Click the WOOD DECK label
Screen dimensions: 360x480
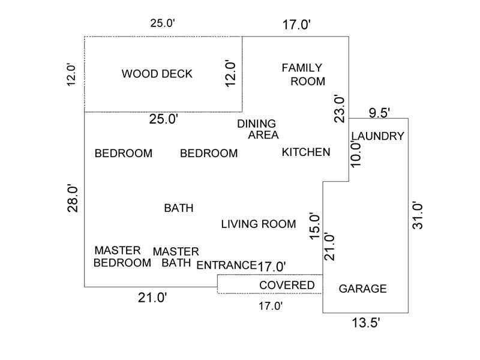pos(157,74)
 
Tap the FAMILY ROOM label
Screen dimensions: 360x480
pos(304,74)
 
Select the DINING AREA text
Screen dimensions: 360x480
pos(258,129)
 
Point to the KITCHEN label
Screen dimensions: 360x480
pos(306,152)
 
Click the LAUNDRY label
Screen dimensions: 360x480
pos(378,136)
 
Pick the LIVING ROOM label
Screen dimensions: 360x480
pos(259,224)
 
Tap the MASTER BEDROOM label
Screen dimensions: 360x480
pos(122,256)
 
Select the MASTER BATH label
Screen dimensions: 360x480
pos(176,257)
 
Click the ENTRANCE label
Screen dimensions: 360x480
pos(227,265)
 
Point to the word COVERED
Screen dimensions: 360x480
pos(287,285)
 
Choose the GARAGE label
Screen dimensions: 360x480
pos(363,289)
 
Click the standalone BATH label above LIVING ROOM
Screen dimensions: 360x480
pos(179,208)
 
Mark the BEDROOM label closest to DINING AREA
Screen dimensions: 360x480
pos(209,153)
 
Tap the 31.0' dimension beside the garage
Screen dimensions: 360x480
pos(419,214)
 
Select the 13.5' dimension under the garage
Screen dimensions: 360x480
pos(366,323)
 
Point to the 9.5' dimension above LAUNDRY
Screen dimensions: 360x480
pos(379,112)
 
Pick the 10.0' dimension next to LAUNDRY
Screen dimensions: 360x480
pos(356,153)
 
